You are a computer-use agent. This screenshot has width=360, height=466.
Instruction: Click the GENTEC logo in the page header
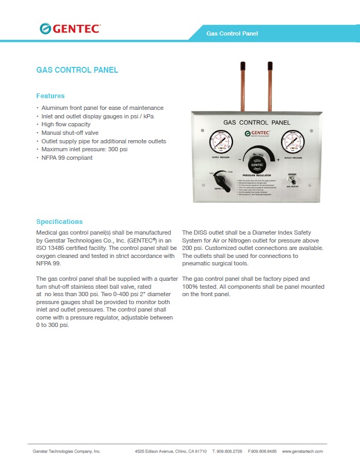pyautogui.click(x=70, y=29)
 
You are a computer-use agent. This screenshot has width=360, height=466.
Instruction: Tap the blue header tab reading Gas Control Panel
pyautogui.click(x=232, y=33)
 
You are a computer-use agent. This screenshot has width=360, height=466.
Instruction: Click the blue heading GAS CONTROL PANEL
pyautogui.click(x=77, y=70)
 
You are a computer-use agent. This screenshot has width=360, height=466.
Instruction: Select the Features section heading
pyautogui.click(x=50, y=96)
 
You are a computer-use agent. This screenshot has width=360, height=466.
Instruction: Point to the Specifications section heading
pyautogui.click(x=59, y=221)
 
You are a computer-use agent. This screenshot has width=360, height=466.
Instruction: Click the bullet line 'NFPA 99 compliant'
pyautogui.click(x=67, y=158)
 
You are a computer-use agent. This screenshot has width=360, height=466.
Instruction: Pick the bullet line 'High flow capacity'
pyautogui.click(x=66, y=124)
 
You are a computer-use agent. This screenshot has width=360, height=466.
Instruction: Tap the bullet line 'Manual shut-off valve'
pyautogui.click(x=70, y=133)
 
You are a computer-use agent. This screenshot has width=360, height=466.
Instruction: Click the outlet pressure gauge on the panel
pyautogui.click(x=293, y=142)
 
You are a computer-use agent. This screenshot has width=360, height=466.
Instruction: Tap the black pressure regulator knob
pyautogui.click(x=257, y=162)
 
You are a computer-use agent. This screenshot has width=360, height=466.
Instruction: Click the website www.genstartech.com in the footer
pyautogui.click(x=302, y=451)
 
